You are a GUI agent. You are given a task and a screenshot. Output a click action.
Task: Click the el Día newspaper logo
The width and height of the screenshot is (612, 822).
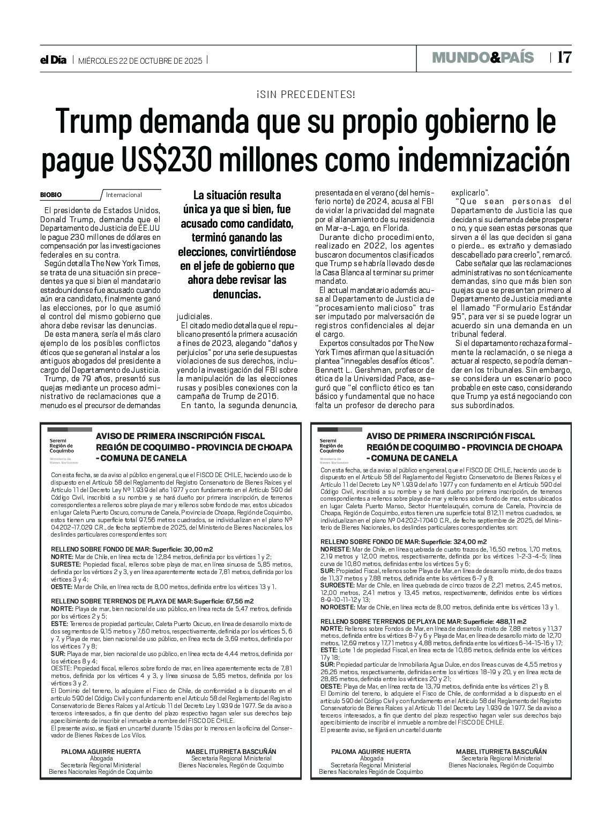54,61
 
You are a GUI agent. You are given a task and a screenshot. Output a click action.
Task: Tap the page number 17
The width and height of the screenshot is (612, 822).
564,57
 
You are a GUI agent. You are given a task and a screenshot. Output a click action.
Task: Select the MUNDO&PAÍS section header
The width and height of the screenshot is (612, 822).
483,57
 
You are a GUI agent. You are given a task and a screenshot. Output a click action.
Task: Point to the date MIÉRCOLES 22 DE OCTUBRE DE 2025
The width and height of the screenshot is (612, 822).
140,61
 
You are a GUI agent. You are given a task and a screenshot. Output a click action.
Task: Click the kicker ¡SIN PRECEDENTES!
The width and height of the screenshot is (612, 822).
305,95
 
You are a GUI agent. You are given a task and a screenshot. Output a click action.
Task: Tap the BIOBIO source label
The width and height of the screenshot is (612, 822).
51,195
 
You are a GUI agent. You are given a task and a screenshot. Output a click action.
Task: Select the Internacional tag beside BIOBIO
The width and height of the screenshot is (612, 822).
124,195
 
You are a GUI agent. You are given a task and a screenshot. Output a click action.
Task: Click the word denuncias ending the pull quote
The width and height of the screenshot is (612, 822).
237,294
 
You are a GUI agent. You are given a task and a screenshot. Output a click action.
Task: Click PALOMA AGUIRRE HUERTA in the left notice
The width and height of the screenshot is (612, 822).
101,751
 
